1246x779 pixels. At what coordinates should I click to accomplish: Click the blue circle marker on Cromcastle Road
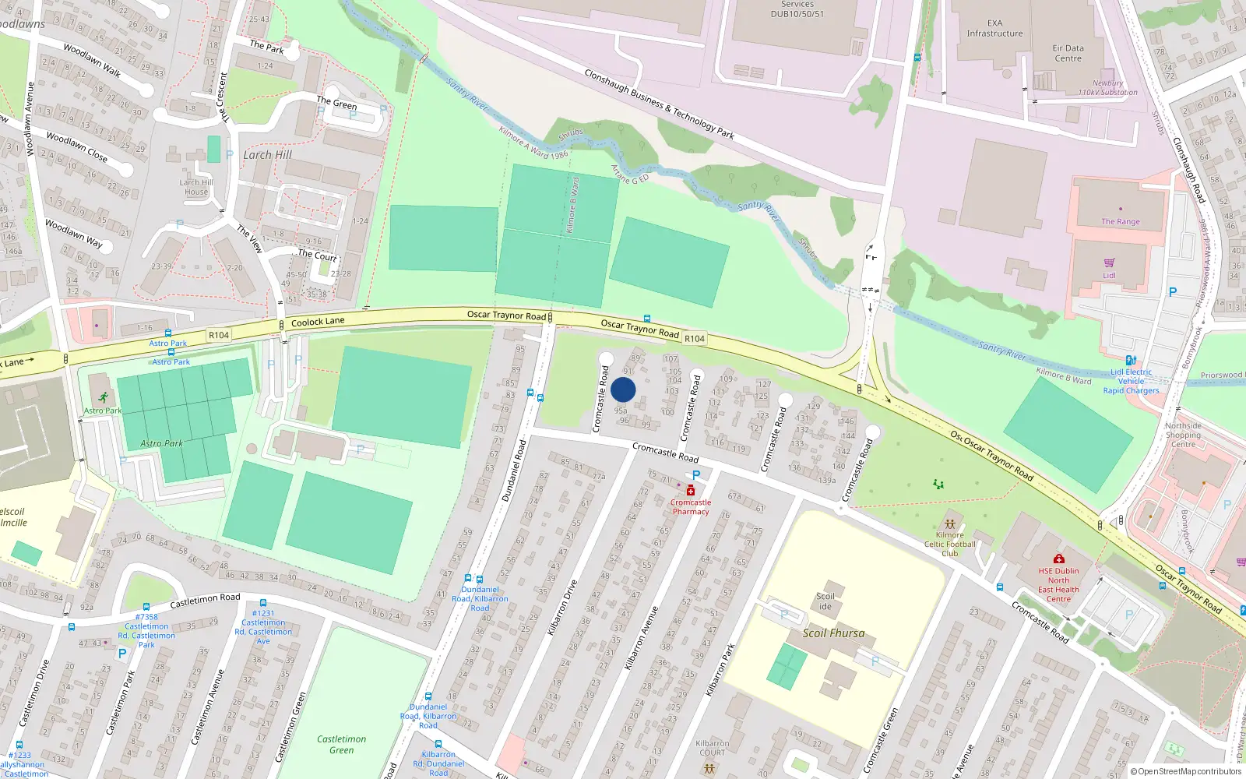[x=623, y=389]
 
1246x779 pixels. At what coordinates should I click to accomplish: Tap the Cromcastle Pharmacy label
[x=691, y=507]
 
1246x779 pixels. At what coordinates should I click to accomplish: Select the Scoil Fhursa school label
[x=833, y=633]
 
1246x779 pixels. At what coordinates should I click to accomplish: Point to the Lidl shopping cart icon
[x=1109, y=263]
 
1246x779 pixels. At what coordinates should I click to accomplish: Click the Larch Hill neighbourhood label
[x=267, y=155]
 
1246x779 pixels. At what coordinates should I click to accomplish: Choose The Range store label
[x=1120, y=222]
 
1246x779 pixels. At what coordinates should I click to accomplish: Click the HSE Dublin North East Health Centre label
[x=1058, y=585]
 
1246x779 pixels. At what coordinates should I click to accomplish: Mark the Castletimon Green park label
[x=341, y=745]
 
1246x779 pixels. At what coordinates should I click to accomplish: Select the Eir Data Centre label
[x=1068, y=53]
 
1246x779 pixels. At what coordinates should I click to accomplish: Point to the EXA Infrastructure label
[x=994, y=29]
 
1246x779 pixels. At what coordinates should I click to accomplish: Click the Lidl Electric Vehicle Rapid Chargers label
[x=1131, y=382]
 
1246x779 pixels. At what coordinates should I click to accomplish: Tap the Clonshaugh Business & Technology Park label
[x=659, y=104]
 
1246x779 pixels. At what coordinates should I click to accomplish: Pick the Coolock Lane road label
[x=318, y=322]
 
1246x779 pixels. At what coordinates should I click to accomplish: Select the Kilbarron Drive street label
[x=562, y=607]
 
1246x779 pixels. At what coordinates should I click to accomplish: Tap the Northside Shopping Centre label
[x=1183, y=435]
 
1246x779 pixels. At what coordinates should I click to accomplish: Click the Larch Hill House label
[x=195, y=187]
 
